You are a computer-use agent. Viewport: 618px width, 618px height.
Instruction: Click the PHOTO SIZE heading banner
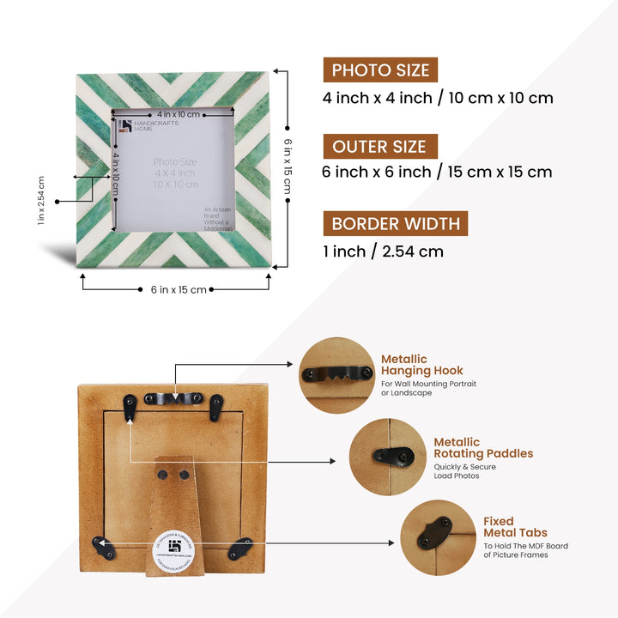tap(380, 70)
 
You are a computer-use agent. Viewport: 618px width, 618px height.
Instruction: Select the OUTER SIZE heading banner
tap(380, 146)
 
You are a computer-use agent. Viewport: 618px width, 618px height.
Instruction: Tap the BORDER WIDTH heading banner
tap(396, 224)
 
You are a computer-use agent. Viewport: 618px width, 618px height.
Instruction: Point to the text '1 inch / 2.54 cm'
tap(383, 251)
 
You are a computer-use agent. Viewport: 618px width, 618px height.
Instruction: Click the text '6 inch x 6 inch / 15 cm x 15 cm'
tap(437, 172)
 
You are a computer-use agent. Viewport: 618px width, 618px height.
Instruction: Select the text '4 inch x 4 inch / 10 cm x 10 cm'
tap(438, 97)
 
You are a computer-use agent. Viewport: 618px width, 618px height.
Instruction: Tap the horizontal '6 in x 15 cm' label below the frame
tap(179, 289)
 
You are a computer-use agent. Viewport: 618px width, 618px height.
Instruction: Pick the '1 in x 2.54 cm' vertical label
tap(40, 202)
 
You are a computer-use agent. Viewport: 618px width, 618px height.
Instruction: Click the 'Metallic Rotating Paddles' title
tap(482, 447)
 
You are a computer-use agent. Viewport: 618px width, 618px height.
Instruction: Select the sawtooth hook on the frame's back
tap(173, 398)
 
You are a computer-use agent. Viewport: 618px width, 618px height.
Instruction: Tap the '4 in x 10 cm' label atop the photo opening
tap(178, 114)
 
